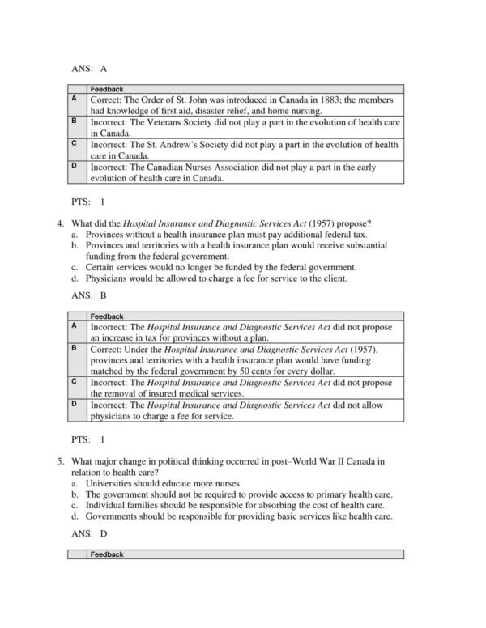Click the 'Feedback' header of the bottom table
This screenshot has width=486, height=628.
[x=107, y=554]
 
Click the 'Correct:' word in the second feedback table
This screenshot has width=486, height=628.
[x=108, y=348]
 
